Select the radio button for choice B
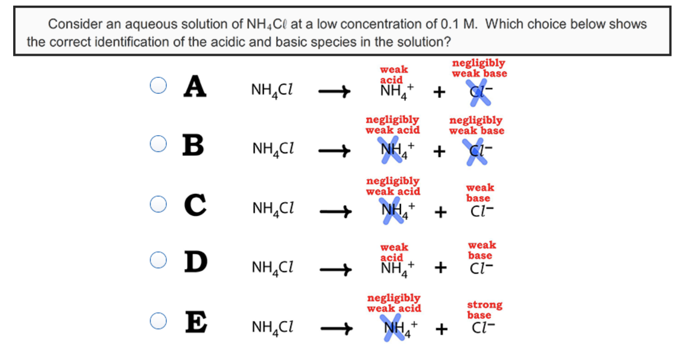pos(158,144)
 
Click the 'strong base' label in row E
pos(484,310)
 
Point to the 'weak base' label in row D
pos(482,250)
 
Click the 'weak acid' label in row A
pos(393,74)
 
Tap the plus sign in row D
pos(440,267)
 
